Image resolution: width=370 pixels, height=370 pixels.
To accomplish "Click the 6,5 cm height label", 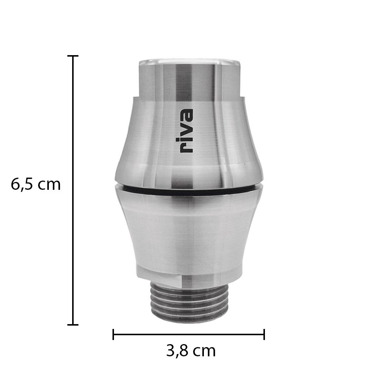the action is (x=36, y=185).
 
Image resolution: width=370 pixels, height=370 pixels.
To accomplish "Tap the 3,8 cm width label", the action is (x=191, y=351).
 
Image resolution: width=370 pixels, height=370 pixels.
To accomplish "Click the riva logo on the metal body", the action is (x=186, y=131).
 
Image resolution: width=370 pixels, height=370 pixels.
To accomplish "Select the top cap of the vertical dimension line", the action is (x=73, y=56).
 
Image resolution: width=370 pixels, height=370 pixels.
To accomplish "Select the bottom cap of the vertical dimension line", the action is (x=73, y=325).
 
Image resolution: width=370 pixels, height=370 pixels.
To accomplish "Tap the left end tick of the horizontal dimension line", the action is (x=113, y=334).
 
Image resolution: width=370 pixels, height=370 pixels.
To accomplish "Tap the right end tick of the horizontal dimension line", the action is (x=264, y=334).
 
